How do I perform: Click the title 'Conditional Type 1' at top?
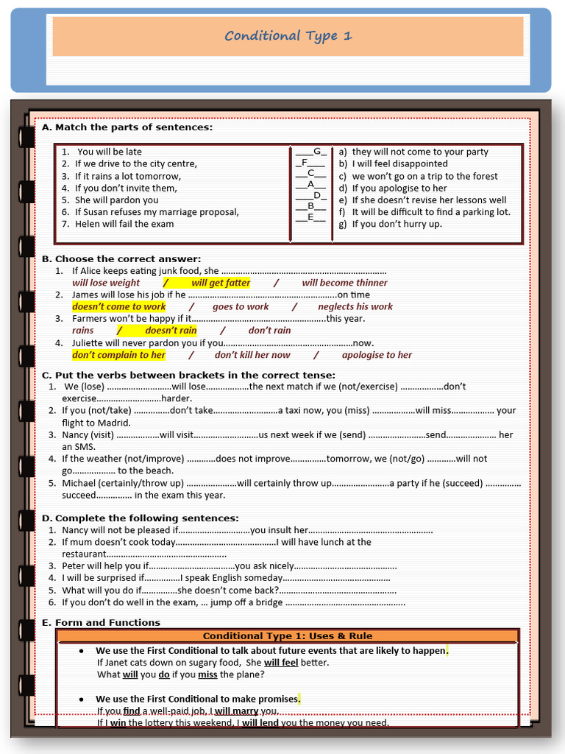tap(288, 36)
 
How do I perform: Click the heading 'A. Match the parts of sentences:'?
tap(127, 127)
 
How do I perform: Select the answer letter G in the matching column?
tap(319, 152)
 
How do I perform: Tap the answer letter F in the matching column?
tap(304, 163)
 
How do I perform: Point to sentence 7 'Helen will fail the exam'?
tap(124, 224)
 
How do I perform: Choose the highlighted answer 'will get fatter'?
tap(221, 283)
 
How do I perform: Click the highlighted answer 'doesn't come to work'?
tap(119, 306)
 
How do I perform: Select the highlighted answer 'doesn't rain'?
tap(171, 331)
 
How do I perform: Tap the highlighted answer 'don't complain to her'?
tap(119, 355)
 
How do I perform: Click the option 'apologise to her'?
tap(377, 355)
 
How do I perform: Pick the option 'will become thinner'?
tap(344, 283)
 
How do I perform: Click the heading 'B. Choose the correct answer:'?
tap(121, 259)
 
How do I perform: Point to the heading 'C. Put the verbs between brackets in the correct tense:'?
tap(188, 375)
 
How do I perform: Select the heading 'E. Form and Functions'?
tap(101, 623)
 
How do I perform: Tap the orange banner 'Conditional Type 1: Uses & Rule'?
tap(288, 636)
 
